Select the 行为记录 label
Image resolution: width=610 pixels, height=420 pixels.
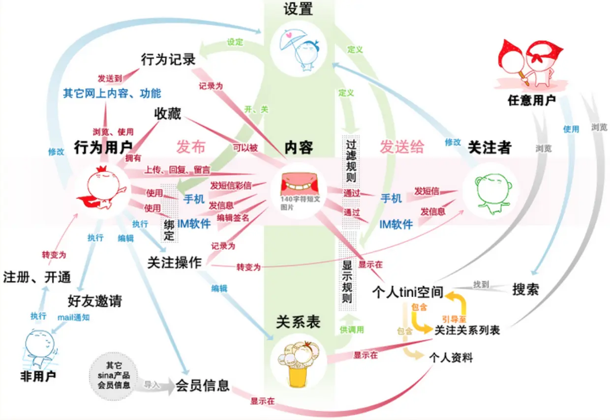(x=168, y=60)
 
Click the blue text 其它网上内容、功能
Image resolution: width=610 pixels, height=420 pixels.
(x=112, y=93)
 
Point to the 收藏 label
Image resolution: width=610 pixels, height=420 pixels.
(x=168, y=115)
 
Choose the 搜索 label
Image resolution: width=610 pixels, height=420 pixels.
(x=525, y=289)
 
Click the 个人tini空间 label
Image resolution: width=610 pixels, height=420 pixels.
(x=408, y=293)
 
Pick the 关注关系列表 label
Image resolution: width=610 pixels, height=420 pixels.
(x=467, y=330)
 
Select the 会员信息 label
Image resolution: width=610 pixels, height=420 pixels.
(x=203, y=385)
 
